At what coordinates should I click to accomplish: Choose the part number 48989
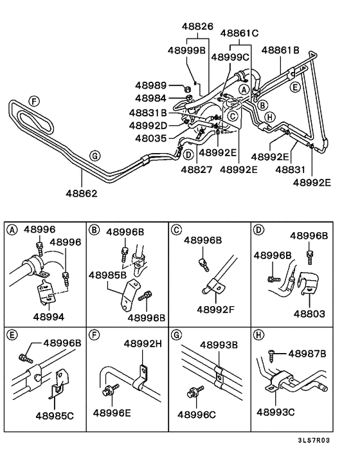point(151,85)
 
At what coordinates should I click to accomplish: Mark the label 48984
point(151,98)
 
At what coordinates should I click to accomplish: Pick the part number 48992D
point(148,125)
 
